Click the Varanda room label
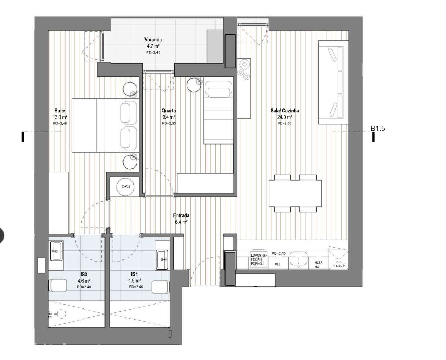[153, 40]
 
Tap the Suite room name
[60, 111]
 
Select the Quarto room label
[169, 111]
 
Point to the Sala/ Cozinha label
[285, 111]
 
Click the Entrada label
[181, 215]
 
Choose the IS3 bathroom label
[84, 274]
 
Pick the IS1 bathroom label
[134, 274]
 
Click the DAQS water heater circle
[126, 187]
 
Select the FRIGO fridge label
[339, 266]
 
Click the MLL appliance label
[277, 264]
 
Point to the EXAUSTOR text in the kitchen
[259, 255]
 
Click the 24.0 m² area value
[285, 117]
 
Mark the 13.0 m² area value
[60, 117]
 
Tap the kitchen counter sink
[298, 259]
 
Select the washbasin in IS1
[162, 259]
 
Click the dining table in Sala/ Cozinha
[295, 193]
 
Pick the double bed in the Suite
[95, 125]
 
